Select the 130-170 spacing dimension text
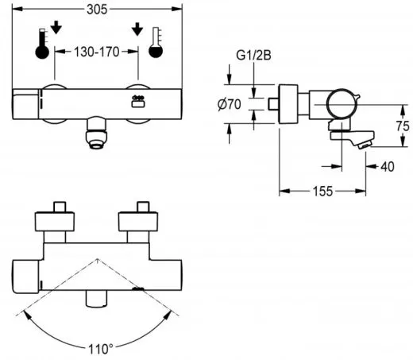pyautogui.click(x=102, y=50)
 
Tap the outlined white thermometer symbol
pyautogui.click(x=156, y=46)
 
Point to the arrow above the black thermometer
pyautogui.click(x=56, y=30)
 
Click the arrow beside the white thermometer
pyautogui.click(x=138, y=30)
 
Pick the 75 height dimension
pyautogui.click(x=402, y=126)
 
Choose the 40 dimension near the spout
pyautogui.click(x=387, y=166)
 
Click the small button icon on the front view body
pyautogui.click(x=136, y=102)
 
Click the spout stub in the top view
pyautogui.click(x=98, y=300)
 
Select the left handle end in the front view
pyautogui.click(x=27, y=105)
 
